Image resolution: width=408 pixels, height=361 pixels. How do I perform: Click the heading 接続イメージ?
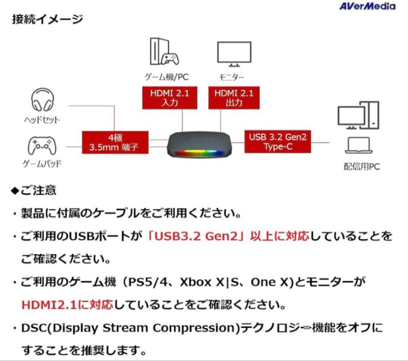tap(47, 19)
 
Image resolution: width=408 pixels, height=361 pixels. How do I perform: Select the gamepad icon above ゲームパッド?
tap(42, 146)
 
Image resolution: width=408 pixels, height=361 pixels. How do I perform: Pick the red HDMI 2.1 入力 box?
tap(170, 98)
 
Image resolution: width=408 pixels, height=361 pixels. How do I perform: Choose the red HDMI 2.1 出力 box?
tap(234, 98)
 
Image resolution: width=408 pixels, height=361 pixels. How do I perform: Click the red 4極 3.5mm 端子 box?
tap(115, 142)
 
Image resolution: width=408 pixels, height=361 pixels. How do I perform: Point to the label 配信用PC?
tap(362, 167)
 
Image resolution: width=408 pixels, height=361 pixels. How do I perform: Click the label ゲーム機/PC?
tap(167, 77)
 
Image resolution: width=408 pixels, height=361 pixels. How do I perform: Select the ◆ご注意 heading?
tap(34, 191)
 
